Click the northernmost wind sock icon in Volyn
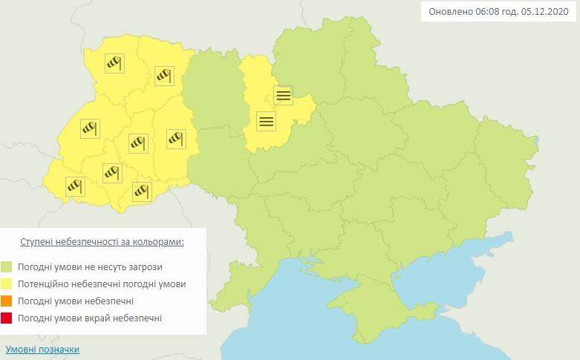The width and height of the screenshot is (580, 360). (x=114, y=63)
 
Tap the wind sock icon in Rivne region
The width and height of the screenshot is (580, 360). (x=163, y=75)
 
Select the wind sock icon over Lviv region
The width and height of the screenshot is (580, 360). (x=90, y=128)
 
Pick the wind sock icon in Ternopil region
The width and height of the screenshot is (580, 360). (x=138, y=141)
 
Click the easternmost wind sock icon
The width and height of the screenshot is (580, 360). (x=176, y=137)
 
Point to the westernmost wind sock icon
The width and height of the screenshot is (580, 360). (x=75, y=186)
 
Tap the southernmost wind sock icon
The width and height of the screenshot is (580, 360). (x=142, y=191)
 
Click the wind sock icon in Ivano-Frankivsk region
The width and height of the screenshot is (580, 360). (x=111, y=172)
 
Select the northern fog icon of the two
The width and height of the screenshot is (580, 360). (x=283, y=95)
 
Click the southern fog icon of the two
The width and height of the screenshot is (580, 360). (x=266, y=120)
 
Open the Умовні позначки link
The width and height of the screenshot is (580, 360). (x=42, y=349)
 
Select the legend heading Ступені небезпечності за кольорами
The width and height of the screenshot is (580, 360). (x=102, y=242)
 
